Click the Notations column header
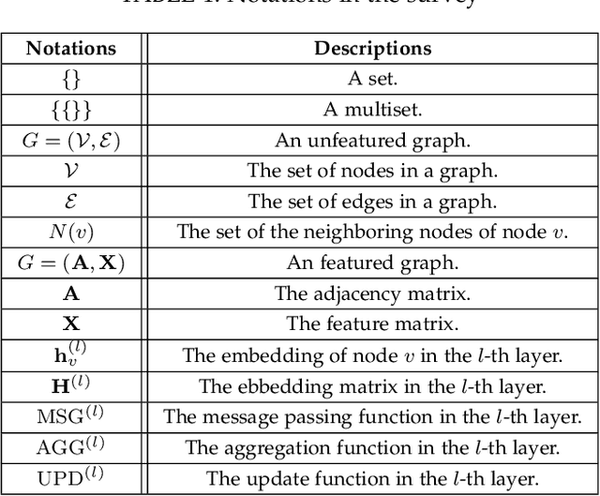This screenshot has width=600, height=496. point(71,48)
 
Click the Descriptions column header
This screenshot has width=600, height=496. point(372,48)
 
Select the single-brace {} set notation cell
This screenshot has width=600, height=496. point(71,80)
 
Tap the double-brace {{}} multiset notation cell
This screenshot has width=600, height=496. point(71,110)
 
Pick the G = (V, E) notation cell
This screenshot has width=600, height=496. point(71,141)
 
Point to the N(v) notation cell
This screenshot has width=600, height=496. point(71,233)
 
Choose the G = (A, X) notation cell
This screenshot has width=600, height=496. point(71,263)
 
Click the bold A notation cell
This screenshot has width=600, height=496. point(71,293)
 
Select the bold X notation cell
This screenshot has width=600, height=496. point(71,324)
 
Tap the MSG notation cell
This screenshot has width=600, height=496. point(71,416)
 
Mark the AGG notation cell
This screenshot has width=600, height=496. point(71,447)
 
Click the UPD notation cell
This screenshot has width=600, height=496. point(71,477)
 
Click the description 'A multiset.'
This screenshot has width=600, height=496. point(372,110)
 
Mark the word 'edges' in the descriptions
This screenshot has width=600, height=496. point(359,202)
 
